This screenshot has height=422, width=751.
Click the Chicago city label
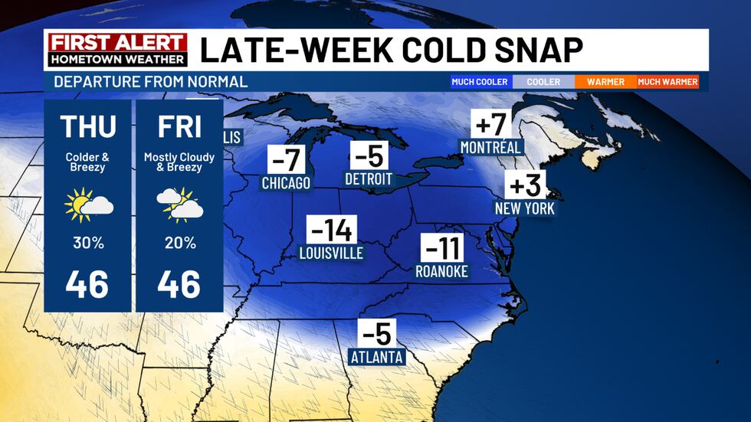pyautogui.click(x=286, y=183)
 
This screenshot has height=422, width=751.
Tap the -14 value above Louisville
pyautogui.click(x=331, y=230)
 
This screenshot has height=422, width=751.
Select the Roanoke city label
pyautogui.click(x=441, y=271)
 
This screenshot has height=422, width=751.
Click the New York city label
pyautogui.click(x=524, y=208)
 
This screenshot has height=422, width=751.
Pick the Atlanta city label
pyautogui.click(x=376, y=357)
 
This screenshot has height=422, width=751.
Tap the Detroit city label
pyautogui.click(x=368, y=179)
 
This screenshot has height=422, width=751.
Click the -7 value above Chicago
pyautogui.click(x=286, y=160)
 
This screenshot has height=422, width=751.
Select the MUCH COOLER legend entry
pyautogui.click(x=480, y=81)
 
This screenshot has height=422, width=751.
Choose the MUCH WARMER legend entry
pyautogui.click(x=667, y=81)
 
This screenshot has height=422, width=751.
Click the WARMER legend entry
pyautogui.click(x=605, y=81)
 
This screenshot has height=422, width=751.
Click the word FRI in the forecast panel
pyautogui.click(x=179, y=126)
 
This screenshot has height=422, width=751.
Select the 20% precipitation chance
pyautogui.click(x=179, y=243)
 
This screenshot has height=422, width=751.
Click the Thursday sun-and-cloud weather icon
pyautogui.click(x=88, y=204)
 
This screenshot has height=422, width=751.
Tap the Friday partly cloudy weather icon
pyautogui.click(x=179, y=204)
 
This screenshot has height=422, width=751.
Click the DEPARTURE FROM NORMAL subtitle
pyautogui.click(x=150, y=81)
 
